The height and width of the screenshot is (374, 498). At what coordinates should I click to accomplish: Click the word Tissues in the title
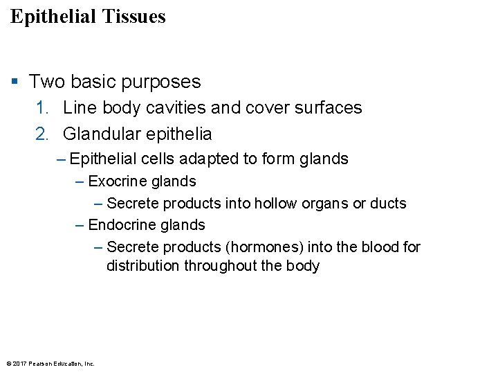click(x=133, y=17)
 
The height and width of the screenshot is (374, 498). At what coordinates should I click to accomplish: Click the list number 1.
click(x=41, y=108)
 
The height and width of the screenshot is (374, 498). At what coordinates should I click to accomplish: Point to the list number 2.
click(x=41, y=134)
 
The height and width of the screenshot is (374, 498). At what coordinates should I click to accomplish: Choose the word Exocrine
click(x=116, y=181)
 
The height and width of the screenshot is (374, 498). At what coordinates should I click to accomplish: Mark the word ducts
click(x=389, y=204)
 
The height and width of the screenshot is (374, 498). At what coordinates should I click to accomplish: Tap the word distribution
click(x=143, y=267)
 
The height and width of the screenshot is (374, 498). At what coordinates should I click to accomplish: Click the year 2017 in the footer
click(x=19, y=364)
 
